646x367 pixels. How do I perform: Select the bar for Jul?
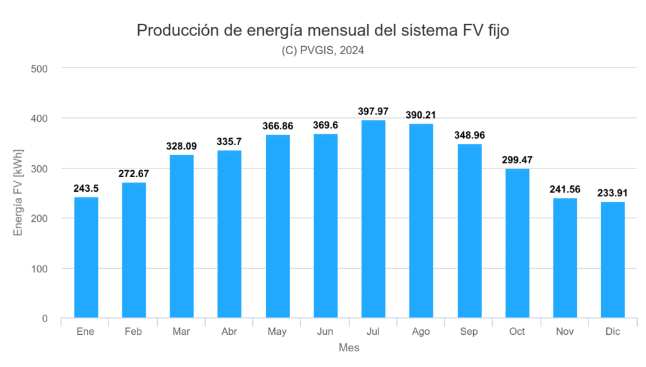tap(373, 219)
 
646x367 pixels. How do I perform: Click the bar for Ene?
tap(86, 257)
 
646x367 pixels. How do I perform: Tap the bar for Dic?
tap(613, 260)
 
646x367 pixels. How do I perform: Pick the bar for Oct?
tap(517, 243)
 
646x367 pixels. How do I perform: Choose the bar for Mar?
tap(182, 236)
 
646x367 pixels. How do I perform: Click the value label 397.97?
tap(373, 112)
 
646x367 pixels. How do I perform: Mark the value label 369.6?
tap(326, 125)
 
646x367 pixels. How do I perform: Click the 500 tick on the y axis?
tap(40, 68)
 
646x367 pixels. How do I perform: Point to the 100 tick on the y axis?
tap(40, 269)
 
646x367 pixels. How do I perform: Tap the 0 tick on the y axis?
tap(45, 318)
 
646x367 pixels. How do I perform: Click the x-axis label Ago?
tap(421, 332)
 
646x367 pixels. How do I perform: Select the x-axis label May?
tap(278, 332)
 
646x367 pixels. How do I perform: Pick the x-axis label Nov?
tap(565, 332)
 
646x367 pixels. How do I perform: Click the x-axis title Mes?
tap(349, 347)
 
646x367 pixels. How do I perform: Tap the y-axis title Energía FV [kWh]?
tap(18, 193)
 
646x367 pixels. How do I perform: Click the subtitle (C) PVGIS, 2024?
tap(322, 51)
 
